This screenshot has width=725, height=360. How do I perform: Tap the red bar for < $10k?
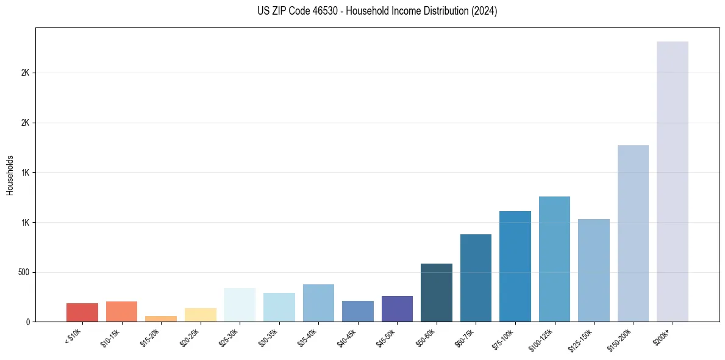[82, 312]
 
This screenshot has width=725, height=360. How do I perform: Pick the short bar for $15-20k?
[161, 319]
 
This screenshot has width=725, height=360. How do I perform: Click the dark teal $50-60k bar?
[437, 292]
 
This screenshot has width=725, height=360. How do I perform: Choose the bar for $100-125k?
[554, 259]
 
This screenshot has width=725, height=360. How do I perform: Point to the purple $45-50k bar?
[397, 309]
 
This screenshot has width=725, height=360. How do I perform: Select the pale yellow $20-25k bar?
[201, 315]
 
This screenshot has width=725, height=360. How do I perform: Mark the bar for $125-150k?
[594, 270]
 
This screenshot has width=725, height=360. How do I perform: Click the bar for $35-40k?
[318, 303]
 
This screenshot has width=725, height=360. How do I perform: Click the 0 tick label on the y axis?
[28, 322]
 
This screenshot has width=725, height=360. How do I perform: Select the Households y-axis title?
[10, 175]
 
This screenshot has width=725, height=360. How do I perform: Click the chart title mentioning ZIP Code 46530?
[377, 11]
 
